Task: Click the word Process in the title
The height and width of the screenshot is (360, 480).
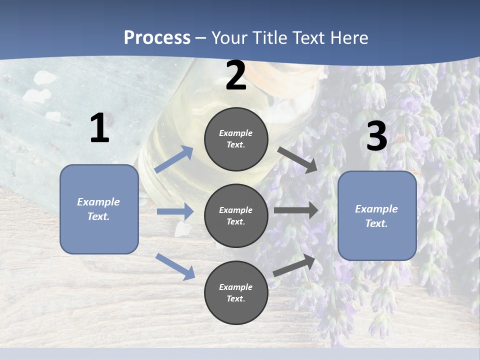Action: coord(157,38)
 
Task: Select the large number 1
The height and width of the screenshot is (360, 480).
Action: coord(99,128)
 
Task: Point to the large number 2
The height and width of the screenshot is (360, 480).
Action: coord(236,76)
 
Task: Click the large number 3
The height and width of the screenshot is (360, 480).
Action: coord(376,136)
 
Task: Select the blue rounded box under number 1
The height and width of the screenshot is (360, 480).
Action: coord(99,209)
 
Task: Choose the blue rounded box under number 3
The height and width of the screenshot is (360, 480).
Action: coord(377,215)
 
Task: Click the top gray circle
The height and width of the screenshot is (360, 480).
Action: coord(236,139)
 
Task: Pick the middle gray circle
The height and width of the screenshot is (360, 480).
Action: coord(236,215)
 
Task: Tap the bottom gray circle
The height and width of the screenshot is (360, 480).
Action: coord(236,292)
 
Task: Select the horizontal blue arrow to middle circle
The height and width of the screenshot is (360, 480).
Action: coord(175,211)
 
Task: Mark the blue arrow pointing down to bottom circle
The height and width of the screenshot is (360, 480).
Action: coord(175,266)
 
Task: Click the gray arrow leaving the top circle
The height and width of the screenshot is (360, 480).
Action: coord(297,159)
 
